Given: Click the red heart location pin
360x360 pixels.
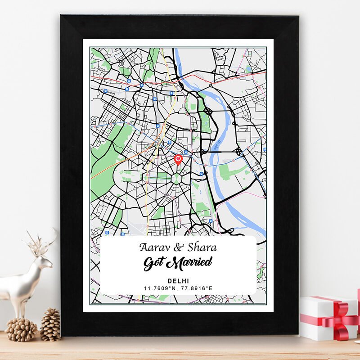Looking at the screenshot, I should point(178,159).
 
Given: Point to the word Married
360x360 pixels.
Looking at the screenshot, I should point(190,262).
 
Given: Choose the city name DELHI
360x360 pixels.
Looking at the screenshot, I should point(178,281).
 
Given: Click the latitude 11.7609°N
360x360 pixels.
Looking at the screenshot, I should point(160,288).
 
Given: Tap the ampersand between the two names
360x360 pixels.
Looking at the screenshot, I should point(178,247).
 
